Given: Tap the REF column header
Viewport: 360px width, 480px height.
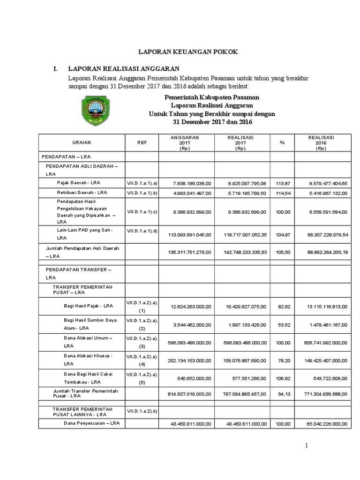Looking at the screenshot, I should pyautogui.click(x=142, y=142).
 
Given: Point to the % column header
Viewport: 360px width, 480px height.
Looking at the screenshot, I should pyautogui.click(x=282, y=142).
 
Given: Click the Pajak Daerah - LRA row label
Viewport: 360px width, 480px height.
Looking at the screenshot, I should pyautogui.click(x=82, y=182).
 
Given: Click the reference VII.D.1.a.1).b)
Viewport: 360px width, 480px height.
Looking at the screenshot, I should pyautogui.click(x=142, y=193).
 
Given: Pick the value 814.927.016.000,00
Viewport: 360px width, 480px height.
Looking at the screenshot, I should pyautogui.click(x=189, y=394).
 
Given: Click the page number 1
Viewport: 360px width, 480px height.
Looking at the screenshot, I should pyautogui.click(x=306, y=446).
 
